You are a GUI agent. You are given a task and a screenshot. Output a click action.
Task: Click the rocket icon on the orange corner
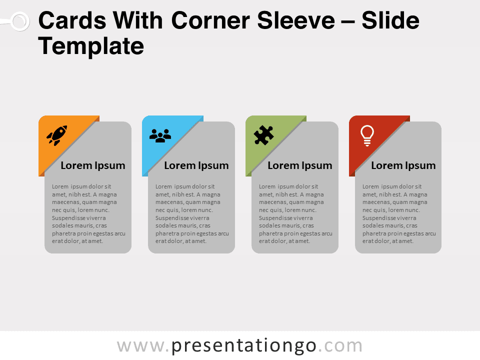(57, 135)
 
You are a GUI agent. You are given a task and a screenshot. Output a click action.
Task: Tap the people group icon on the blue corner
(160, 135)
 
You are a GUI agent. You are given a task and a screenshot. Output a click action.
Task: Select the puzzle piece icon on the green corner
(263, 135)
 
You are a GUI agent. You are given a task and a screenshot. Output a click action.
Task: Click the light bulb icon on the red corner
(367, 135)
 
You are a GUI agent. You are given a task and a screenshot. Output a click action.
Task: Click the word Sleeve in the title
(296, 21)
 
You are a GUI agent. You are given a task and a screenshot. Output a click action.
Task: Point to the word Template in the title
(91, 46)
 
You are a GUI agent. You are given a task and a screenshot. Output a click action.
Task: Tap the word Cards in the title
(72, 21)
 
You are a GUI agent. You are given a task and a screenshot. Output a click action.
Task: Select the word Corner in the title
(210, 21)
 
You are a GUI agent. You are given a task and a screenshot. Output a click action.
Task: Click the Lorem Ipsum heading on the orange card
(93, 165)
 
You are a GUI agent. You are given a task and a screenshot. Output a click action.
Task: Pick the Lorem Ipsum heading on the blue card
(196, 165)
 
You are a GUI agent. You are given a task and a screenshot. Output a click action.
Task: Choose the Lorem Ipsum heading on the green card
(299, 165)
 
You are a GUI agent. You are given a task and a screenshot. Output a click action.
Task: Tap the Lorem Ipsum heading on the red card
(403, 165)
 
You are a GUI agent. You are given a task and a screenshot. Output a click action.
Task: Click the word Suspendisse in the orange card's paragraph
(69, 218)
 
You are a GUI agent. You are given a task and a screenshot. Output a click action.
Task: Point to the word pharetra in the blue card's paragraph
(167, 234)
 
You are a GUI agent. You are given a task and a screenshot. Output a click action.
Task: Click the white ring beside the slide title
(20, 21)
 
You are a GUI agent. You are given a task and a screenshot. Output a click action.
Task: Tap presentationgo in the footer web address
(244, 346)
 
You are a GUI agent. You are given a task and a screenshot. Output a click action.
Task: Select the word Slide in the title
(390, 21)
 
